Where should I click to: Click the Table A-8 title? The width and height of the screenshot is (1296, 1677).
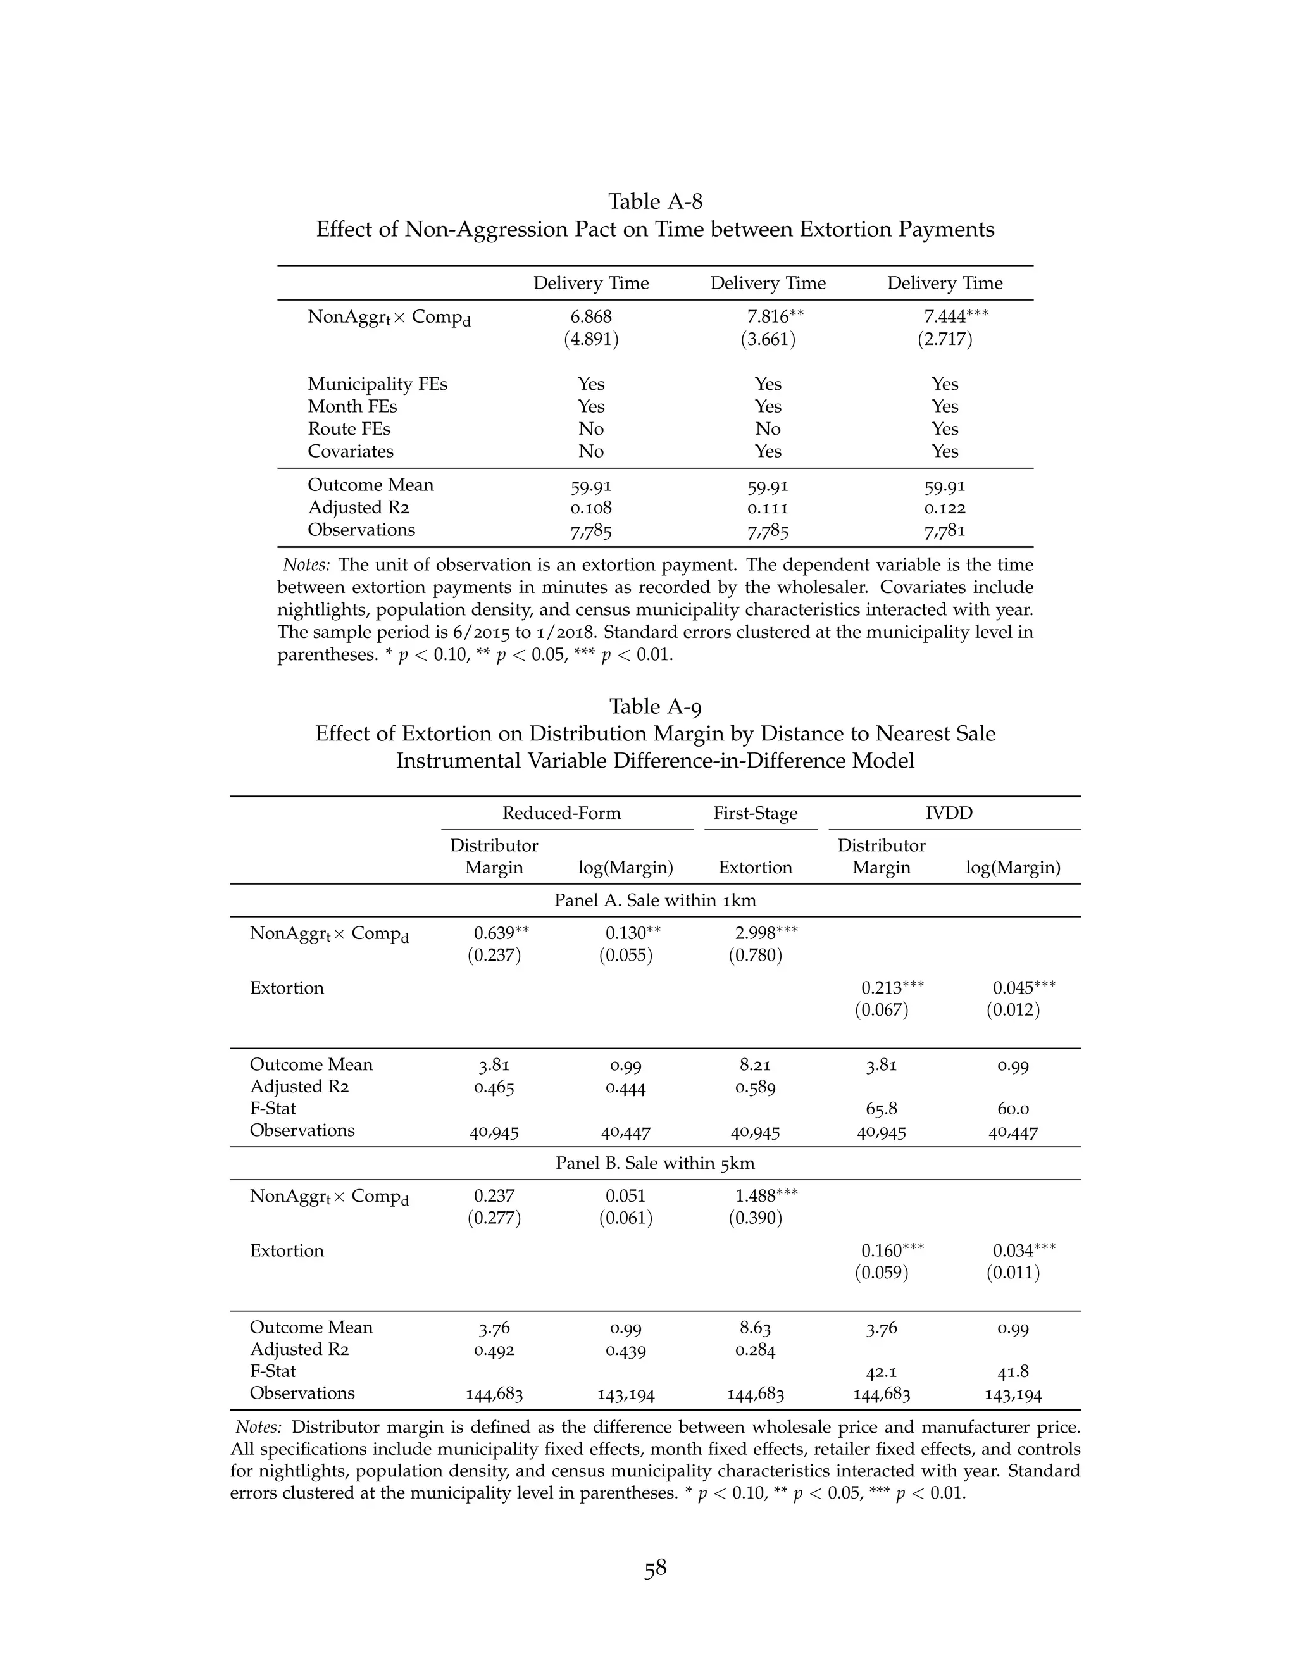point(655,202)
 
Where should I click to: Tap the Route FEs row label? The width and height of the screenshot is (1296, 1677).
point(349,429)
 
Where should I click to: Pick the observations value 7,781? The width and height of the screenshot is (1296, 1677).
point(944,530)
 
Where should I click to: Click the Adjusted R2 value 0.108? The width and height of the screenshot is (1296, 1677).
point(591,508)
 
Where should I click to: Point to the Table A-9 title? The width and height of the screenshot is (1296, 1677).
point(655,706)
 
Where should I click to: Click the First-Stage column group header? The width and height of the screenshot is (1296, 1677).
point(755,814)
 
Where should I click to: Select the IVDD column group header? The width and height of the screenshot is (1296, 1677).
point(949,814)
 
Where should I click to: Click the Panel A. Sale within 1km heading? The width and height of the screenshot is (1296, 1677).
point(655,901)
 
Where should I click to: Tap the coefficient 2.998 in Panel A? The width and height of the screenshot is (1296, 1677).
point(756,933)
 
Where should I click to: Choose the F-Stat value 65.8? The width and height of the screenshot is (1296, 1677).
point(881,1109)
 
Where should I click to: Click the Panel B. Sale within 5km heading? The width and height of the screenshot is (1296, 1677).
point(655,1163)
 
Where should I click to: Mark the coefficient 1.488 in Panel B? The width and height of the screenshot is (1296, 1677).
point(756,1196)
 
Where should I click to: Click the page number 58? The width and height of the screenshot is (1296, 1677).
point(655,1569)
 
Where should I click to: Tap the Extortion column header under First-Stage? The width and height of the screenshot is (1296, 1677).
point(755,868)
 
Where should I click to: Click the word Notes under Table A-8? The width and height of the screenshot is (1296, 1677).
point(306,565)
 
